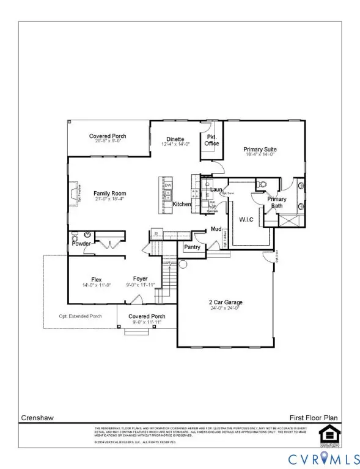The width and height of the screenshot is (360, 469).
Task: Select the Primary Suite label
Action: point(261,149)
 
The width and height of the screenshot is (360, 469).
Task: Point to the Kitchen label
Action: point(182,204)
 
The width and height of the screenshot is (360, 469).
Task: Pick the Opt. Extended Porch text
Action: point(80,316)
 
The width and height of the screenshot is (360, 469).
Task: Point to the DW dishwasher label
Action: point(168,185)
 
